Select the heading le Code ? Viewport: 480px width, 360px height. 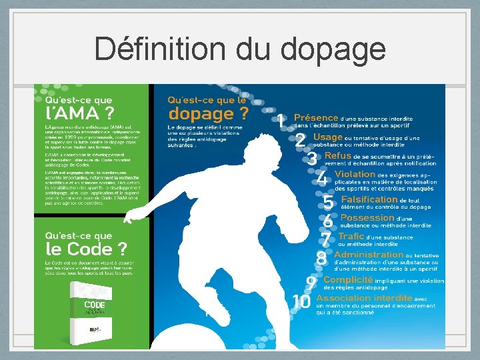[x=86, y=249]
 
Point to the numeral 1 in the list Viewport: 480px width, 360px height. [x=281, y=121]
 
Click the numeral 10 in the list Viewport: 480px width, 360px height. [x=301, y=302]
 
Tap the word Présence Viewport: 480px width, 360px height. [x=316, y=117]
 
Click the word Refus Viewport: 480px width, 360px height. [x=337, y=155]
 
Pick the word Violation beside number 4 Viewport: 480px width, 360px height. [x=355, y=174]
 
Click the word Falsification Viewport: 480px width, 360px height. [x=369, y=199]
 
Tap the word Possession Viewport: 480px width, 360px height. [x=367, y=218]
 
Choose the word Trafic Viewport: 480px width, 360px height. [x=351, y=236]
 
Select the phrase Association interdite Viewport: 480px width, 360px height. [x=364, y=298]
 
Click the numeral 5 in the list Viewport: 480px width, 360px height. [x=328, y=202]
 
